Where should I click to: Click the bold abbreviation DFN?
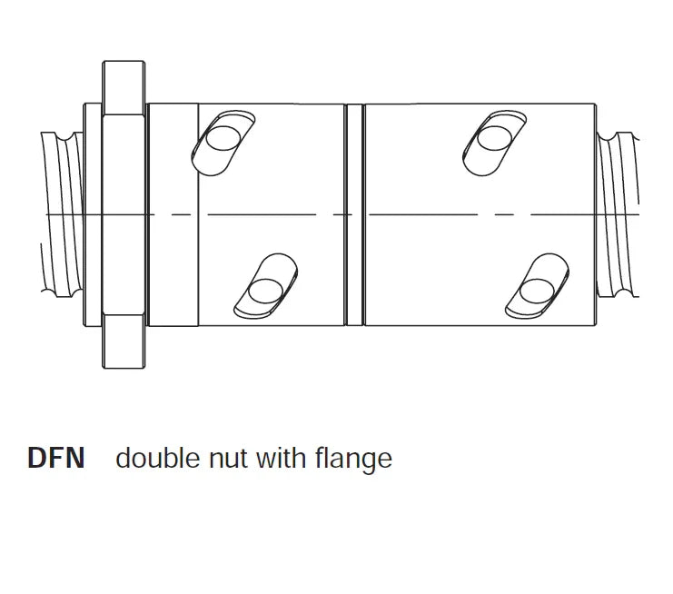coord(55,458)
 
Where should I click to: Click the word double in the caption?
coord(157,458)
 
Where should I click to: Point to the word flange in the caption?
coord(353,460)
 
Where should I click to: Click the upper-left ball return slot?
coord(223,143)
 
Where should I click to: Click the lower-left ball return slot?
coord(266,285)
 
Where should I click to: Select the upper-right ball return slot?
coord(495,143)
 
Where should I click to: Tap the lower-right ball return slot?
coord(537,286)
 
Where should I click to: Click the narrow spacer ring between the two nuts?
coord(354,214)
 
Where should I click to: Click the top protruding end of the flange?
coord(124,87)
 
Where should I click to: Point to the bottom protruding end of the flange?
coord(124,342)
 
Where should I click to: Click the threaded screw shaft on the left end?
coord(63,213)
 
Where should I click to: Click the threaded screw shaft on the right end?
coord(619,214)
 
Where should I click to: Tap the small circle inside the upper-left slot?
coord(223,138)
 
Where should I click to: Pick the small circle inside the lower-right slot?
coord(537,291)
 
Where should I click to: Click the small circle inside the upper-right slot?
coord(495,138)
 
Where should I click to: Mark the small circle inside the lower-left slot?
coord(266,291)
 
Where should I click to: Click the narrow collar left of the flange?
coord(93,214)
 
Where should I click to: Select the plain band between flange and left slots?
coord(173,214)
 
